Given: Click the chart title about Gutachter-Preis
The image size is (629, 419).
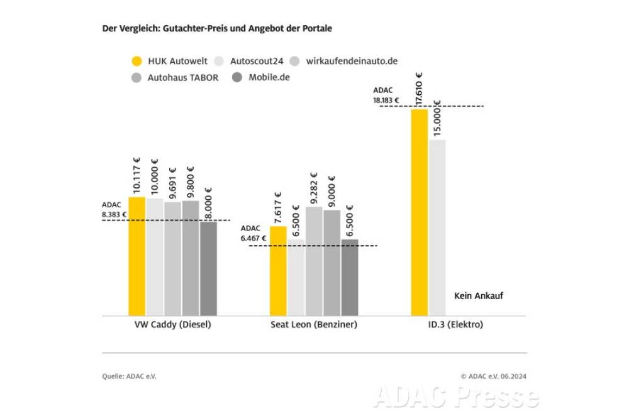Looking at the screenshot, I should pos(216,29).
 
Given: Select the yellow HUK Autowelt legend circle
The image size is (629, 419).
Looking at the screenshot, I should pos(136,62).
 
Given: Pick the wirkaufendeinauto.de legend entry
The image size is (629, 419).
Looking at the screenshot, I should pos(352,62).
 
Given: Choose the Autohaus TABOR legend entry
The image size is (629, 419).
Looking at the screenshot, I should pos(183,78).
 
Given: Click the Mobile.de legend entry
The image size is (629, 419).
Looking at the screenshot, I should pos(269,78).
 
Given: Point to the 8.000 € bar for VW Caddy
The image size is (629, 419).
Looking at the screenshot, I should pos(208,268).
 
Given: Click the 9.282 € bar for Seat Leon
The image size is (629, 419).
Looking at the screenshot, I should pos(314,261).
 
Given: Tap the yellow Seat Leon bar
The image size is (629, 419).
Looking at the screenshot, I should pos(278,271).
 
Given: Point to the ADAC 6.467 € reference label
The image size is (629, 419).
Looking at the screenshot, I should pos(253,233).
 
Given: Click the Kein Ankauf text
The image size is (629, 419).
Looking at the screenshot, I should pos(478,296).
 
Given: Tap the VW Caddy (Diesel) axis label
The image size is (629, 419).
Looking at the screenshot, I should pos(172,325).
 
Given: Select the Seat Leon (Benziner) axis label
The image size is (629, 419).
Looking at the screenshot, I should pos(314,325).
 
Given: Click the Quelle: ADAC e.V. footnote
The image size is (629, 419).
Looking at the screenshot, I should pos(129,376).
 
